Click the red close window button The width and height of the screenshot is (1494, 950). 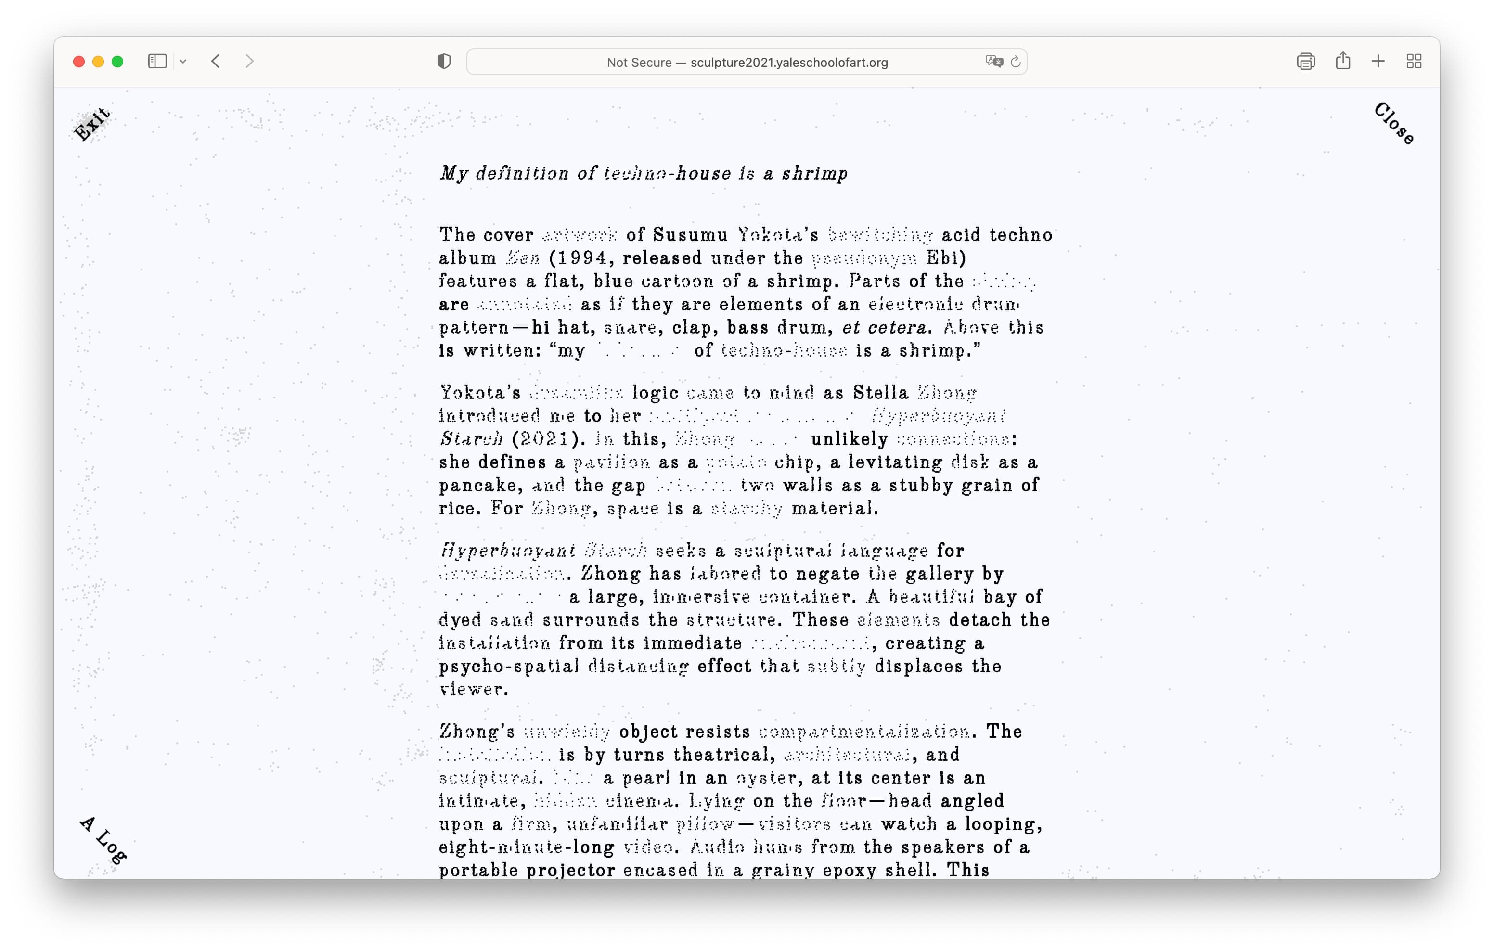click(x=79, y=62)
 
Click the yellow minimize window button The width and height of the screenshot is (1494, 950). click(x=98, y=62)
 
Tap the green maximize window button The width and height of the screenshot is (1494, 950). click(x=117, y=62)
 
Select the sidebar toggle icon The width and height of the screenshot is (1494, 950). click(x=157, y=61)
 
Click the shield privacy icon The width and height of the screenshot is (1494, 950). click(x=444, y=62)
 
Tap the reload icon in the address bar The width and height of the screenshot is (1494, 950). click(x=1016, y=62)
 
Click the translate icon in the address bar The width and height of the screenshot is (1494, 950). click(x=993, y=62)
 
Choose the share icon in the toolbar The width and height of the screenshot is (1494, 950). click(x=1342, y=61)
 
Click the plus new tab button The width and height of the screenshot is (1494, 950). click(x=1378, y=61)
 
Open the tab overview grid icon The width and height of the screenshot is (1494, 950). click(x=1414, y=61)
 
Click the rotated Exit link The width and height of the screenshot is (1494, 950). click(x=92, y=124)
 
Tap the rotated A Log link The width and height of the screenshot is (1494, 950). click(x=103, y=841)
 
